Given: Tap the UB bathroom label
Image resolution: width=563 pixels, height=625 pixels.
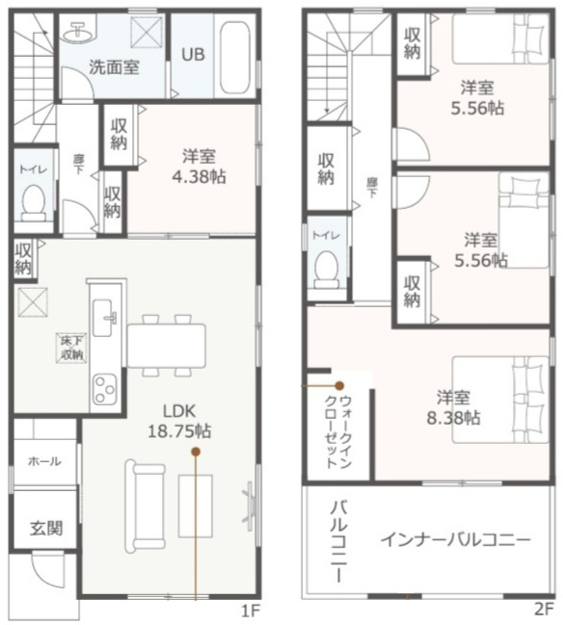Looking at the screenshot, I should pyautogui.click(x=193, y=54).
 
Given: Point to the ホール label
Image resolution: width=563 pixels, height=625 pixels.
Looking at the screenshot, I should pyautogui.click(x=43, y=461).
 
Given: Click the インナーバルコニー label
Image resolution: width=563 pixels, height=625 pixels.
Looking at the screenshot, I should pyautogui.click(x=454, y=540).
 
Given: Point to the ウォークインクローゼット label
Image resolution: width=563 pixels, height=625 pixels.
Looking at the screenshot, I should pyautogui.click(x=337, y=430).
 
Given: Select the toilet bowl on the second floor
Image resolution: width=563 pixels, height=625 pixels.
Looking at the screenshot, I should pyautogui.click(x=327, y=264).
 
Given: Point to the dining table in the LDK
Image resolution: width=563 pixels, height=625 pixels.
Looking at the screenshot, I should pyautogui.click(x=165, y=344).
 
